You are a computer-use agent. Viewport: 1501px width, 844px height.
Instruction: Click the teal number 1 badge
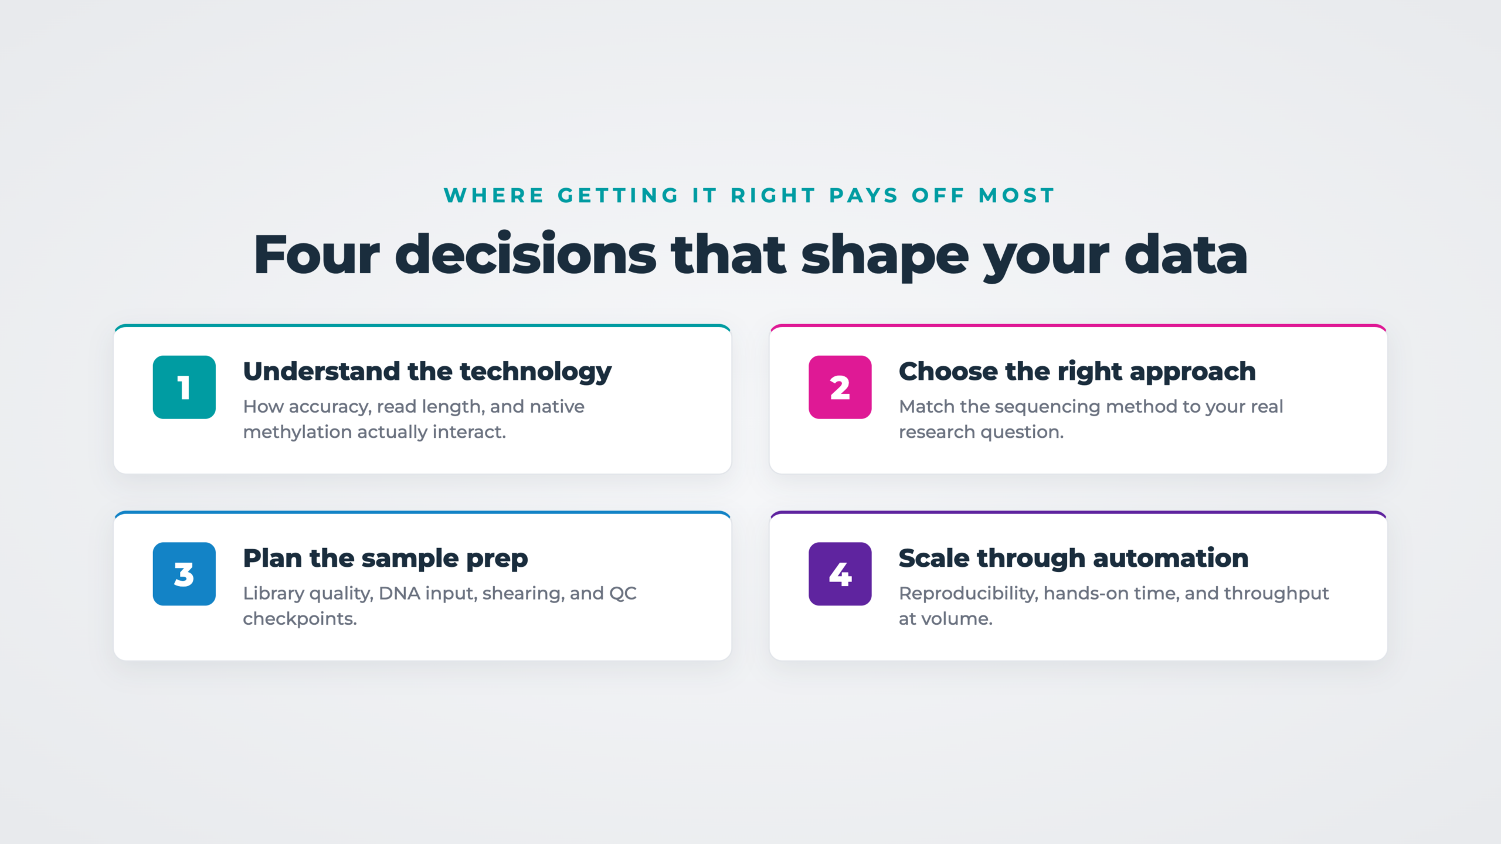point(184,387)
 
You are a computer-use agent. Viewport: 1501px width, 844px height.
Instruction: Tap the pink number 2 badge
point(840,387)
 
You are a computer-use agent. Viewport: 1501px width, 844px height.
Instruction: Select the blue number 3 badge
point(184,574)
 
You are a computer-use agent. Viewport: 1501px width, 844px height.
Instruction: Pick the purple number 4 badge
point(840,574)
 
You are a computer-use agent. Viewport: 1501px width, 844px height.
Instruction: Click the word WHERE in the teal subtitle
point(494,195)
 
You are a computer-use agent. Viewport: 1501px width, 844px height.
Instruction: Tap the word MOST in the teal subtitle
point(1017,195)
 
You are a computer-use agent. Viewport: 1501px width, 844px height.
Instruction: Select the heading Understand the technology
point(427,373)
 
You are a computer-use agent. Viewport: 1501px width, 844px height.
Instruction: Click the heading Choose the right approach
point(1077,373)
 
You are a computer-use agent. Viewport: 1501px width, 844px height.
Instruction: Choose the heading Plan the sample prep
point(385,559)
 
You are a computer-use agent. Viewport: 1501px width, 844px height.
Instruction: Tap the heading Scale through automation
point(1074,558)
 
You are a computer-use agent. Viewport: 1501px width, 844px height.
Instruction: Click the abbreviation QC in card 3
point(623,594)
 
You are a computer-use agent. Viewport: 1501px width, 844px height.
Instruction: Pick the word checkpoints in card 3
point(300,620)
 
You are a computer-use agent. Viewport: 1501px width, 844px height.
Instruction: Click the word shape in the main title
point(884,257)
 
